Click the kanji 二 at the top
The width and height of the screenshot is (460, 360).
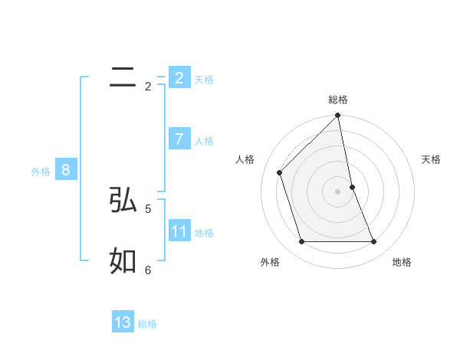pyautogui.click(x=123, y=77)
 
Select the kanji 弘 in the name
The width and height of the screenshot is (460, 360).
pyautogui.click(x=123, y=200)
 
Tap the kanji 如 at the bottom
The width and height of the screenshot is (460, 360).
pyautogui.click(x=123, y=261)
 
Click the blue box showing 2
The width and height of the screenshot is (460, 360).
pyautogui.click(x=179, y=77)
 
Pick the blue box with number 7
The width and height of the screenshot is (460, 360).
pyautogui.click(x=179, y=139)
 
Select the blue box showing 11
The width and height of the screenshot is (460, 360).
pyautogui.click(x=179, y=231)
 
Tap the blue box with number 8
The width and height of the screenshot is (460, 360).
pyautogui.click(x=66, y=170)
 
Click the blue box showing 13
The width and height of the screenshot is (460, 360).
pyautogui.click(x=123, y=322)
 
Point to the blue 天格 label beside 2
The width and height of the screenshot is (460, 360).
pyautogui.click(x=204, y=80)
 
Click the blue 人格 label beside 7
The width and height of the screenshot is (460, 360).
pyautogui.click(x=204, y=141)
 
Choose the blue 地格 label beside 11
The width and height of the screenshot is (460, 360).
pyautogui.click(x=204, y=233)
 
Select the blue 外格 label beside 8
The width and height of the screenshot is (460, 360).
pyautogui.click(x=41, y=172)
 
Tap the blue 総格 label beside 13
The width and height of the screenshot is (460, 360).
pyautogui.click(x=147, y=324)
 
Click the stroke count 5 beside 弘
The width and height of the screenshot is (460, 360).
pyautogui.click(x=148, y=208)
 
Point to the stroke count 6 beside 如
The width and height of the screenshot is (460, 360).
pyautogui.click(x=148, y=270)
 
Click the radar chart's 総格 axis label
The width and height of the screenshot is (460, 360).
pyautogui.click(x=338, y=100)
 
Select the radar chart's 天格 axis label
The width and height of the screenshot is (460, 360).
pyautogui.click(x=431, y=159)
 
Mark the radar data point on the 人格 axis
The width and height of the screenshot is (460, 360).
pyautogui.click(x=280, y=172)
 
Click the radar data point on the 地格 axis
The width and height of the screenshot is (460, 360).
pyautogui.click(x=374, y=241)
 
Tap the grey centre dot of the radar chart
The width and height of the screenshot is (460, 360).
pyautogui.click(x=338, y=191)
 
